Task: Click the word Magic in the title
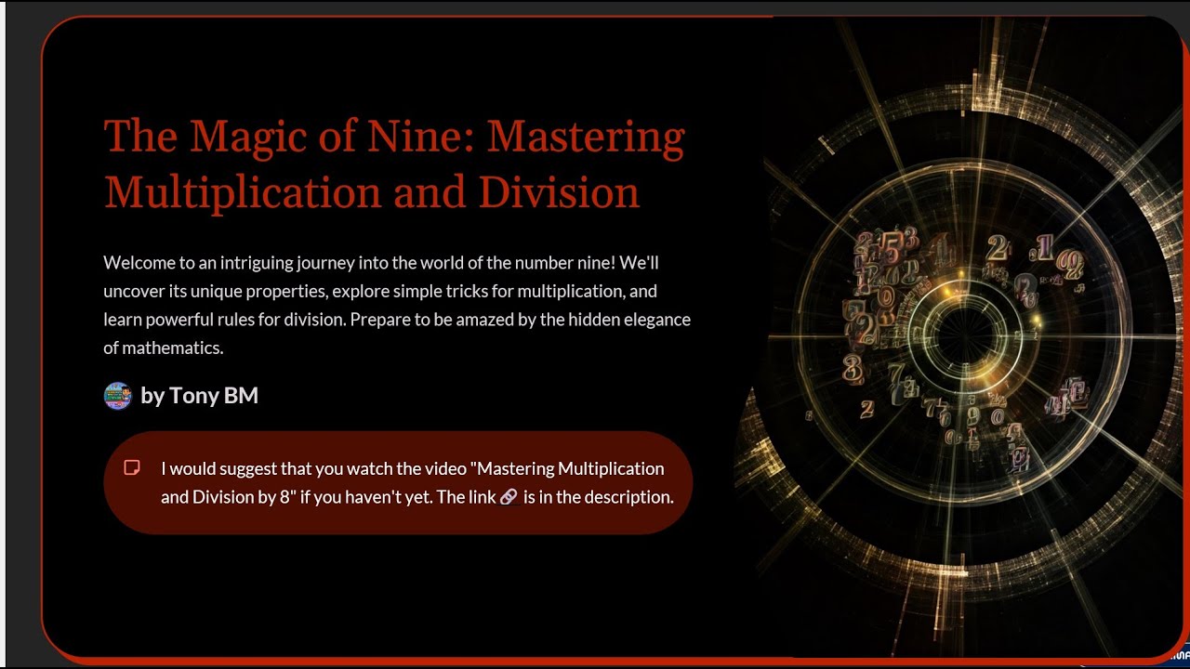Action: point(244,136)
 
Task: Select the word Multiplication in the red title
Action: point(243,192)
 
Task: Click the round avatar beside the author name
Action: point(117,396)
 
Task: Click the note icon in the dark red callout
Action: point(133,467)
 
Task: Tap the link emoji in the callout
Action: point(509,497)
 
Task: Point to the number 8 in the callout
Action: point(284,497)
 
